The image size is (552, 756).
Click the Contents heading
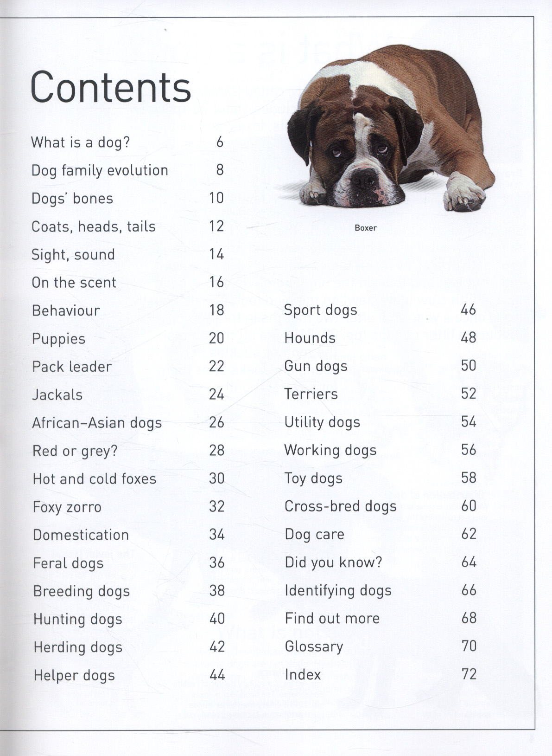(x=110, y=87)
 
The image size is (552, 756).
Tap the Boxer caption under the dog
(x=365, y=228)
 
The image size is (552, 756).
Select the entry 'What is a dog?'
(x=81, y=142)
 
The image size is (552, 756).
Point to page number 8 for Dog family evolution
(x=220, y=170)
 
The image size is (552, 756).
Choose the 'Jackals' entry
(x=57, y=395)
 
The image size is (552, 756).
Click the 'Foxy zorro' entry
(x=67, y=507)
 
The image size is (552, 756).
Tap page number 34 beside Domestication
(x=216, y=535)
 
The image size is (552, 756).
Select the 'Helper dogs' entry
(x=74, y=675)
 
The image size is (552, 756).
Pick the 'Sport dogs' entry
(x=321, y=310)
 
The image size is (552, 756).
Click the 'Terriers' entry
(x=311, y=394)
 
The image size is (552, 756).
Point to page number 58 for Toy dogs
(x=469, y=478)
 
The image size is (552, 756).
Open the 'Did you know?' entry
(x=333, y=562)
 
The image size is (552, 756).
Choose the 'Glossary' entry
(x=314, y=646)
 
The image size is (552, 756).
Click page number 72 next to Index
(x=469, y=674)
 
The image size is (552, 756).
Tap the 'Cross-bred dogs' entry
(x=341, y=506)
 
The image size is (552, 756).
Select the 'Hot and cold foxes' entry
(x=95, y=479)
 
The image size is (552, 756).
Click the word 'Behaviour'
(x=66, y=310)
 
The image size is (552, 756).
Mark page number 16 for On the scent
(x=216, y=282)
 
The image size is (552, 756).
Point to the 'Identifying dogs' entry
(x=338, y=591)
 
